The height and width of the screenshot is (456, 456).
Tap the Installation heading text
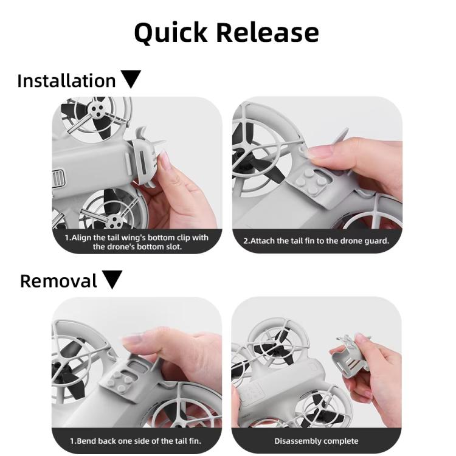click(66, 81)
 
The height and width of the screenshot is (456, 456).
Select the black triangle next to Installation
click(131, 79)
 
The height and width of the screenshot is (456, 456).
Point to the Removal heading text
click(58, 281)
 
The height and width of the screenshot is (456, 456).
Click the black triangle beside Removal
click(112, 280)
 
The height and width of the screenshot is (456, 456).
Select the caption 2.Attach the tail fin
click(316, 241)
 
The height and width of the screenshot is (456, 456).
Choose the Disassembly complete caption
click(316, 441)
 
